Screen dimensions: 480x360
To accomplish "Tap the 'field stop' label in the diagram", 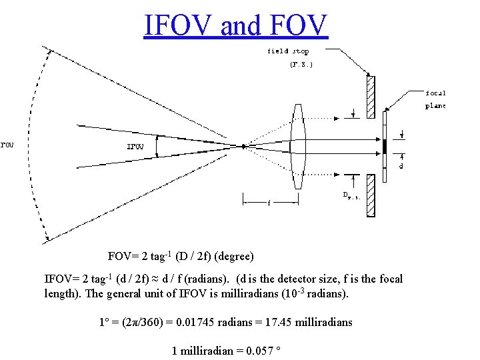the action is (288, 51).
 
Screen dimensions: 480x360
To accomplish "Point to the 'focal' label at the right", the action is (436, 93).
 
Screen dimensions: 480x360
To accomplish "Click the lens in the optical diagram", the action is (299, 145).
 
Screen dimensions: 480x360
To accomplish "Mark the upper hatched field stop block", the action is (371, 97).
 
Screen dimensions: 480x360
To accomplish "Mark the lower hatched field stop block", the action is (371, 195).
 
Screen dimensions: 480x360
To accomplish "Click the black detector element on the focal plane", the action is (385, 145).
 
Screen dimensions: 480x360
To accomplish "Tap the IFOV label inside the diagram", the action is (135, 147).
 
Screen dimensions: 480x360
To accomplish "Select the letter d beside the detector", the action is (401, 166).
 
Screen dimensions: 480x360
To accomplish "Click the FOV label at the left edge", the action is (7, 143).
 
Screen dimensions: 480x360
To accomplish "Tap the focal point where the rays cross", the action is (245, 145).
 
